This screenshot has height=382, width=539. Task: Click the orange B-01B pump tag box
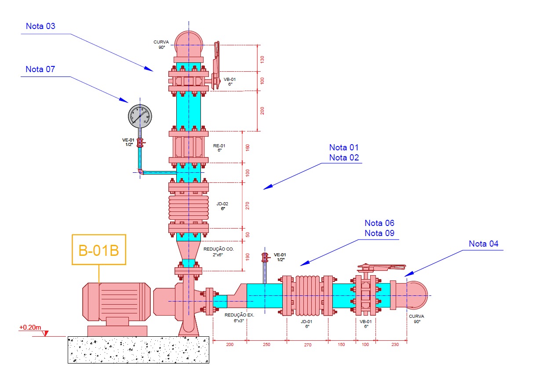point(99,250)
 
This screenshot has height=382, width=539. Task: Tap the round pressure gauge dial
point(139,115)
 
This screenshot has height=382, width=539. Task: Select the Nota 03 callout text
point(40,26)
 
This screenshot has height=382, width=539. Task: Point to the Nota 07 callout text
point(40,69)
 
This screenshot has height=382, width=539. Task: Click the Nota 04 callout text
point(484,244)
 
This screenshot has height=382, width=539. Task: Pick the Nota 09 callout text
point(379,233)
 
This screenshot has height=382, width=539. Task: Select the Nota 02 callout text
point(344,157)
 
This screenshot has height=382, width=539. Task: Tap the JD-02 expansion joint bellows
point(189,207)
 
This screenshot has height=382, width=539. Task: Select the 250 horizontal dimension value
point(266,345)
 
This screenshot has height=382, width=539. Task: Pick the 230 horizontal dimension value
point(394,345)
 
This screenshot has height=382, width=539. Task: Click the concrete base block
point(138,350)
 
